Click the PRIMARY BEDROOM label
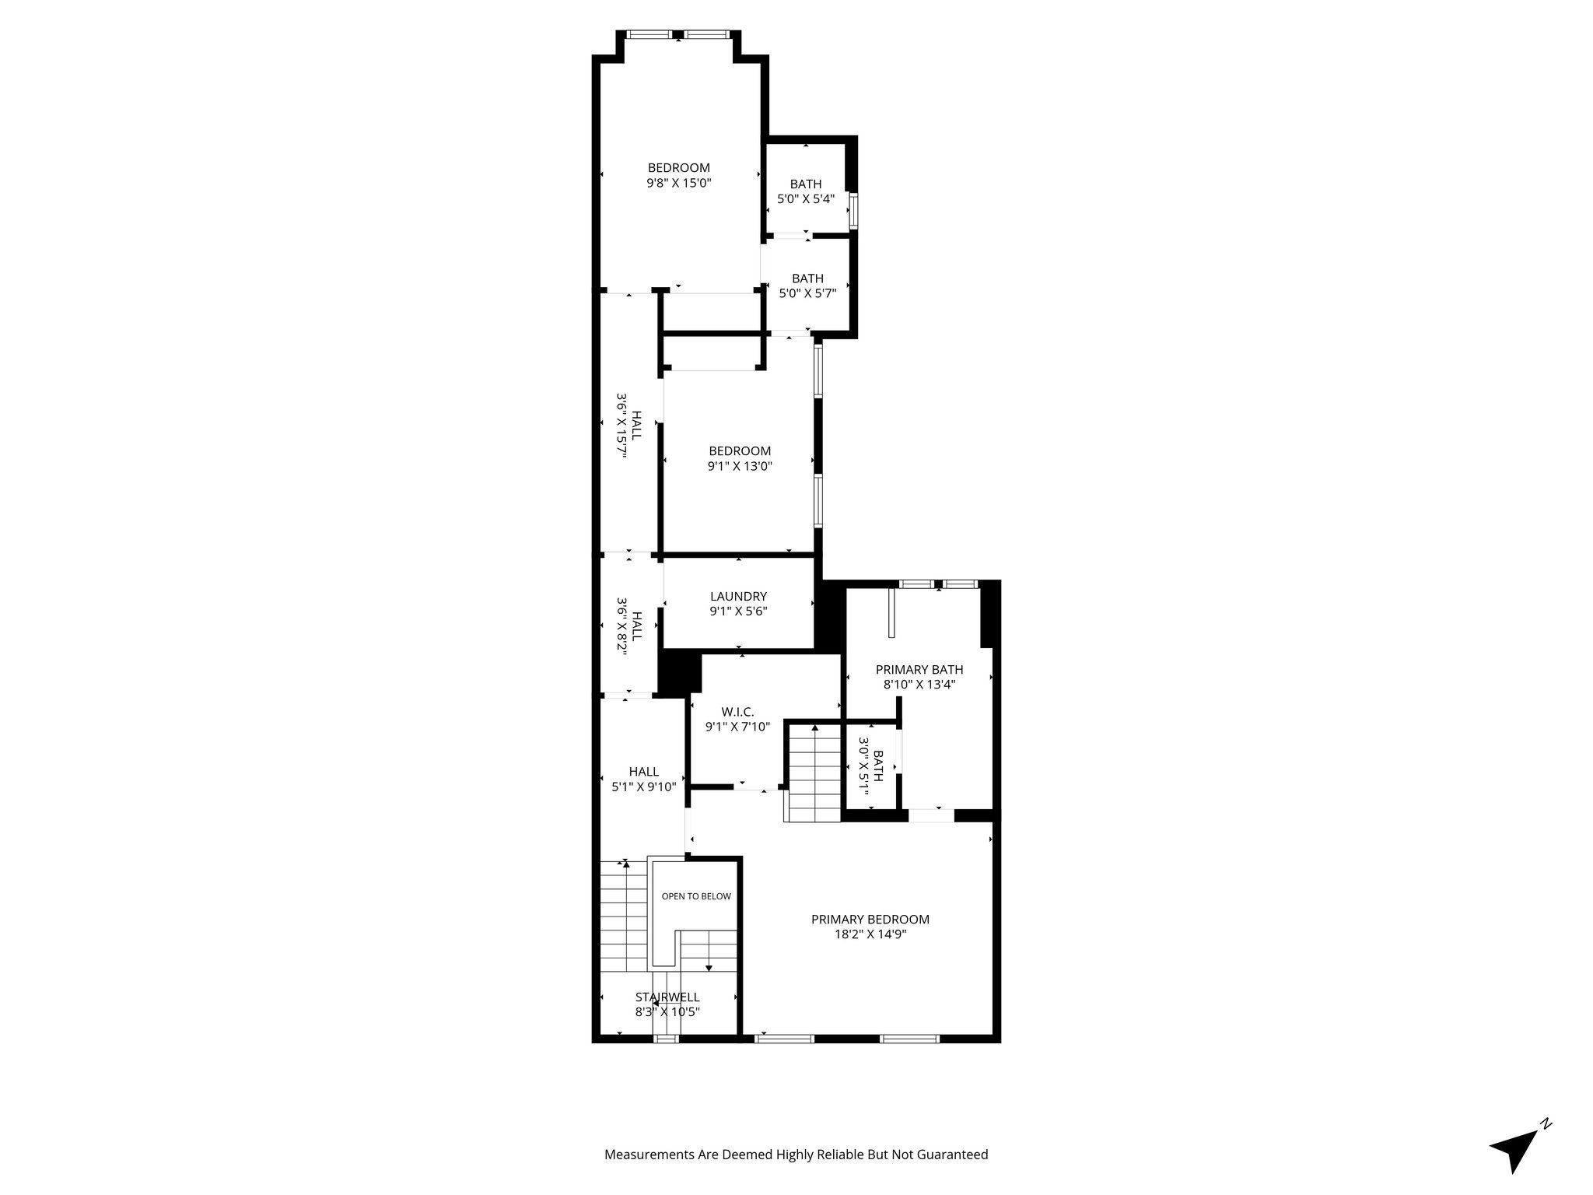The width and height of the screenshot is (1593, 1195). pos(870,919)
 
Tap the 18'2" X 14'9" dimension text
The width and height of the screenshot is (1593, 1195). pos(870,934)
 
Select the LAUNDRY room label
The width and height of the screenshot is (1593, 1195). pos(738,596)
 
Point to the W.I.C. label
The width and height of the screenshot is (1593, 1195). pos(737,711)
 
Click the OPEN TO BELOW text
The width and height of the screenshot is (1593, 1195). pos(696,896)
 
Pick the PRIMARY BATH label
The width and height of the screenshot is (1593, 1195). pos(919,669)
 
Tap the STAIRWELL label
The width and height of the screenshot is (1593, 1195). pos(667,997)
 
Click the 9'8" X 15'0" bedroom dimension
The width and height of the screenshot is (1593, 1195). pos(679,183)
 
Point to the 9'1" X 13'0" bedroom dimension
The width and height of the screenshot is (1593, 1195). pos(740,466)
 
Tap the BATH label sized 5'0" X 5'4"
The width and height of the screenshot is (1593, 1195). pos(806,184)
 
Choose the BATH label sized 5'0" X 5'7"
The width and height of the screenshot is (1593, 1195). pos(807,279)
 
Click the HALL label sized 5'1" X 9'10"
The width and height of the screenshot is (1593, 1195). pos(644,771)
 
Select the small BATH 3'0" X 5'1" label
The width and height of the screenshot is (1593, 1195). pos(878,766)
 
